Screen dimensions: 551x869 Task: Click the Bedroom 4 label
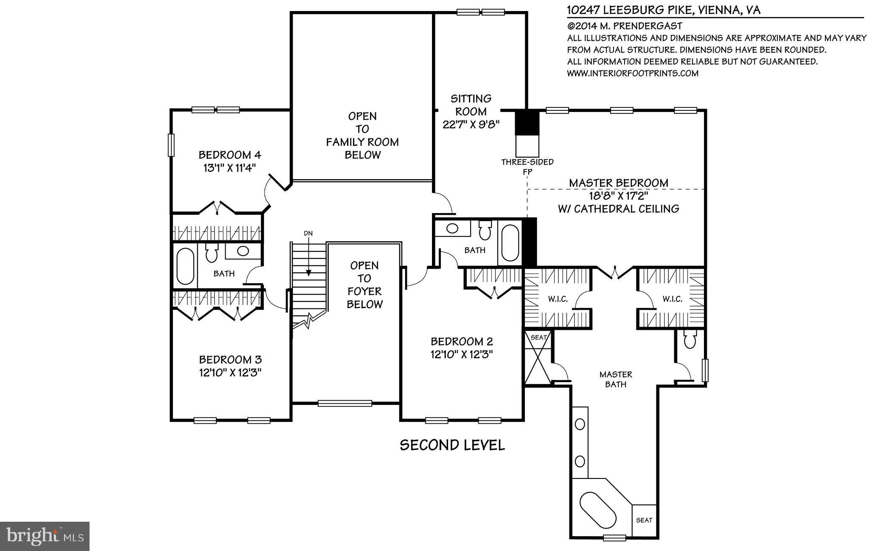(230, 155)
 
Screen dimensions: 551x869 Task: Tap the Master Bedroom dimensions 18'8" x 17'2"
(618, 196)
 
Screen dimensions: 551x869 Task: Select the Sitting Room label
(471, 105)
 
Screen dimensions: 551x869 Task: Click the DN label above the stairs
(308, 233)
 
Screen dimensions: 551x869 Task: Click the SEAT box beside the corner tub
(644, 520)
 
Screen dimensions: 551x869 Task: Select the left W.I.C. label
(558, 299)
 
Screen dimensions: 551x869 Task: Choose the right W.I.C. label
(673, 299)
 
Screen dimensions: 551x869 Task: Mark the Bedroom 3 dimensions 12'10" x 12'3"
(230, 373)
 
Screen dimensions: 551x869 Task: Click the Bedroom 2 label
(462, 342)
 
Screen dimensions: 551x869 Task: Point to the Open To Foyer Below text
(364, 285)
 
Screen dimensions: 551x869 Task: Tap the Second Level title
(452, 445)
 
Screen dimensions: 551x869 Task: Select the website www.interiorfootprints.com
(633, 73)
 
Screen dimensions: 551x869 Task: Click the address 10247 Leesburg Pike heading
(664, 10)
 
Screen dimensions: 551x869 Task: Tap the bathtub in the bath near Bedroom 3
(185, 266)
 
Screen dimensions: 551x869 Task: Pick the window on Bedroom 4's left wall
(171, 145)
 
